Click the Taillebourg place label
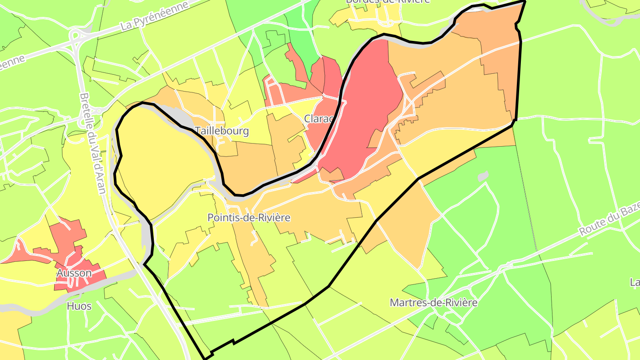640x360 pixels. click(221, 131)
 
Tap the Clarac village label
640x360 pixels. click(319, 119)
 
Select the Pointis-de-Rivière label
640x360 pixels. click(249, 218)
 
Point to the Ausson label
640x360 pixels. click(74, 273)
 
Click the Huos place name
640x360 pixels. click(79, 306)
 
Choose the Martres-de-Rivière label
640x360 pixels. click(433, 303)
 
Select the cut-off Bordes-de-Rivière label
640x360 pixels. click(388, 2)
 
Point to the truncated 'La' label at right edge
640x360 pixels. click(635, 282)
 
